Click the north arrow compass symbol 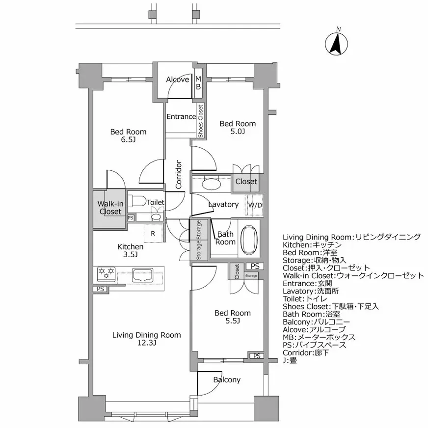click(337, 43)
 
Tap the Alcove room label click(177, 80)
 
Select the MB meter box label click(199, 83)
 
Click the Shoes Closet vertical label click(200, 121)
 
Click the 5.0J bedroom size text click(237, 132)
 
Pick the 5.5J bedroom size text click(233, 321)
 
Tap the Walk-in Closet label click(110, 208)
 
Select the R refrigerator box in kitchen click(153, 234)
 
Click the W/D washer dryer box click(255, 205)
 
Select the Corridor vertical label click(179, 175)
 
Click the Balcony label click(227, 380)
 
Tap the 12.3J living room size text click(146, 343)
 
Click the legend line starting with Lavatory click(315, 291)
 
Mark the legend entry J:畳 click(290, 360)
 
